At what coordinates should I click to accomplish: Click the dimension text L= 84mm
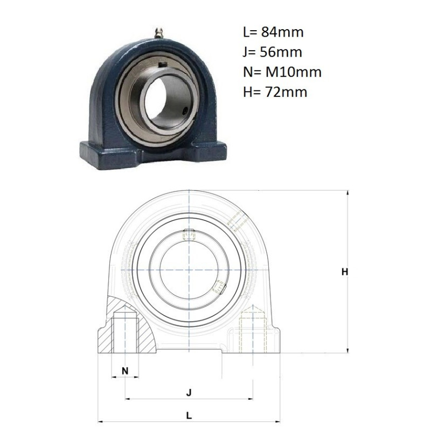tap(273, 32)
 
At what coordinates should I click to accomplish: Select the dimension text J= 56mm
tap(273, 52)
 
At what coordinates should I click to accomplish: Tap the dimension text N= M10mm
tap(282, 72)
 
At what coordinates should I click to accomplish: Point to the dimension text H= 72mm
tap(275, 92)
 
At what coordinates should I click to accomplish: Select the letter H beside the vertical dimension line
tap(345, 272)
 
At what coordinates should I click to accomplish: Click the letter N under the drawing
tap(125, 371)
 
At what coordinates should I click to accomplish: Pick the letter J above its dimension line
tap(189, 393)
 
